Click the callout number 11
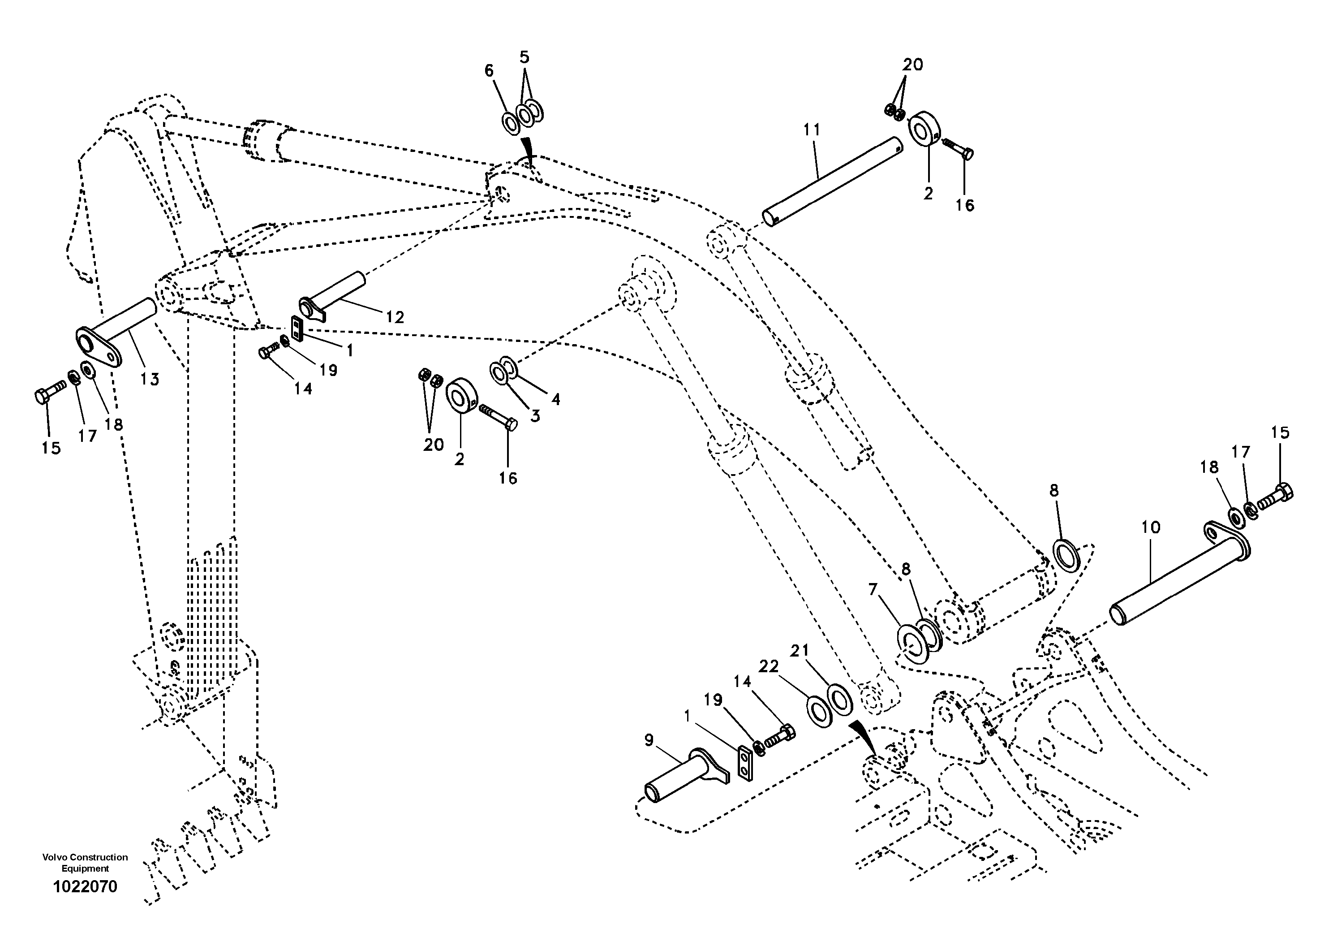(812, 130)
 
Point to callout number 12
(395, 317)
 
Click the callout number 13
(150, 379)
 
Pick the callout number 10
(1150, 527)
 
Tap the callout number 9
(649, 740)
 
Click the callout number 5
(524, 57)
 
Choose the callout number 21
(800, 651)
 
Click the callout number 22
(768, 667)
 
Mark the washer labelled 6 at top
(511, 123)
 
